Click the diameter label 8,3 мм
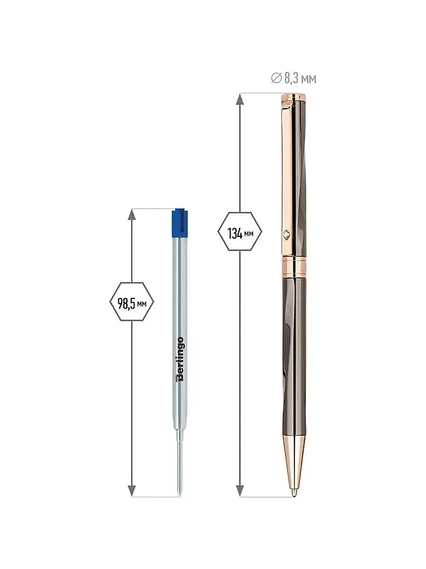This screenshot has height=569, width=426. point(300,79)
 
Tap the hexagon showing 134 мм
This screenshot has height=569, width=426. point(240,232)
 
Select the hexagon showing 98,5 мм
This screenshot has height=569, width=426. point(132,302)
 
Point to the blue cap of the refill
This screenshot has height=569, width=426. point(180,223)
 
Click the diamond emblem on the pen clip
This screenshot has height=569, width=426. point(286,235)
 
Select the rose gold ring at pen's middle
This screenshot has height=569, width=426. point(294,266)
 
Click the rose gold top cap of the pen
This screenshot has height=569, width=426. point(293,98)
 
